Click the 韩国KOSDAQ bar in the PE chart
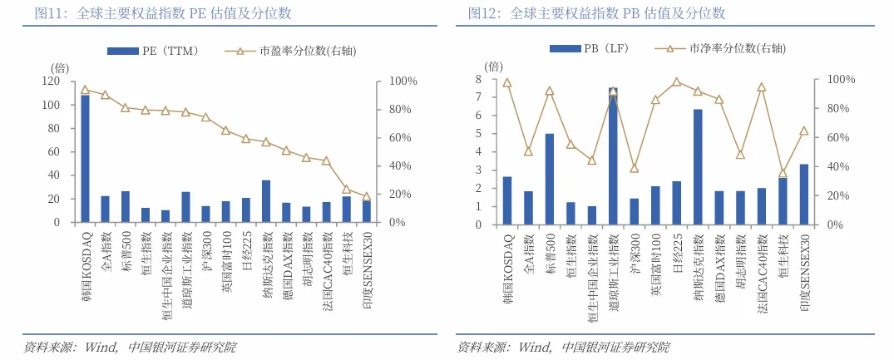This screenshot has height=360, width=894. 85,159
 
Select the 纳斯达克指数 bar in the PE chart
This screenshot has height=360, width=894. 266,201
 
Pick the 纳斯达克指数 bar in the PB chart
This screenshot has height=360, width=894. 698,166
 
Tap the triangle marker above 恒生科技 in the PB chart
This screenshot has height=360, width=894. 783,173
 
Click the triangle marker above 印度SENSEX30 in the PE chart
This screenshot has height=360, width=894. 367,197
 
